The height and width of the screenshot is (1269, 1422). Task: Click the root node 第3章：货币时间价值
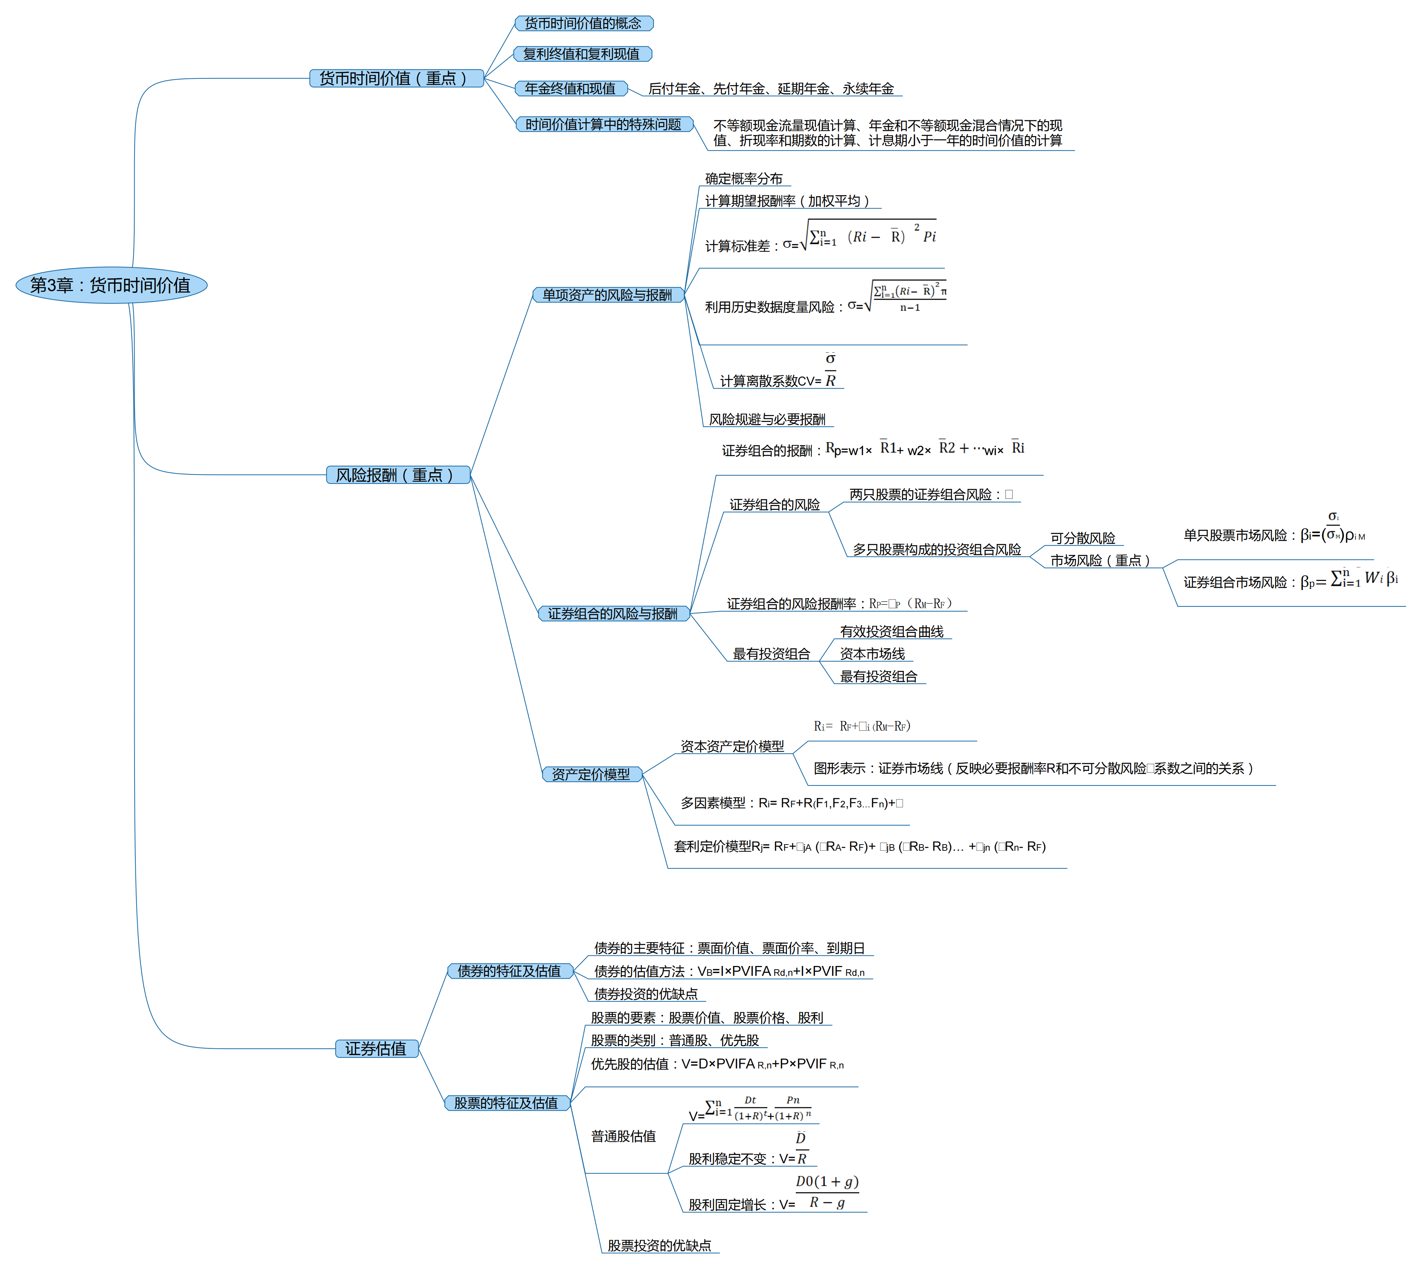coord(111,285)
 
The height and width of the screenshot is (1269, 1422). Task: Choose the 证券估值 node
coord(376,1048)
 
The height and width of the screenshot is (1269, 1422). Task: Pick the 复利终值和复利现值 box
coord(582,54)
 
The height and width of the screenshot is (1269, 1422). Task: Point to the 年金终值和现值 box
coord(570,89)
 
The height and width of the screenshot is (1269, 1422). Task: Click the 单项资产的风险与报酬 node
coord(608,295)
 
